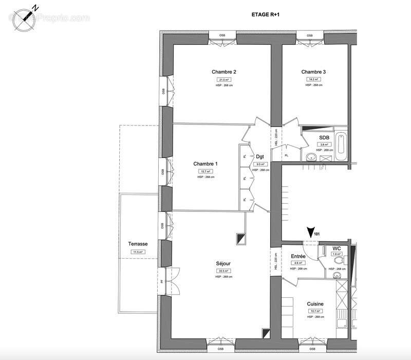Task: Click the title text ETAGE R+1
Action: point(264,16)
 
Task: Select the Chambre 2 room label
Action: point(224,72)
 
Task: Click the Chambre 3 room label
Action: point(313,72)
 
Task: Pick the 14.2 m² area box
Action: point(313,80)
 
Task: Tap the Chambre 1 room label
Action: point(206,164)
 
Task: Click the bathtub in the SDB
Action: point(342,147)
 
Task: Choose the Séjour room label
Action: point(223,263)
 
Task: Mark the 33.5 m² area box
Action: point(223,271)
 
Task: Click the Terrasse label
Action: point(138,244)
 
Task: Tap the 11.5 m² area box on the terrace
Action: point(138,252)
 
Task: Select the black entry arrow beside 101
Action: point(311,233)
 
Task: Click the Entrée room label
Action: point(298,256)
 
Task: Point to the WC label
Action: point(337,248)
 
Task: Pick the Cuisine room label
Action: point(315,304)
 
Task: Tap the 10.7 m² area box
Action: point(315,311)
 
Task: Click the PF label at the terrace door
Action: point(162,282)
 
